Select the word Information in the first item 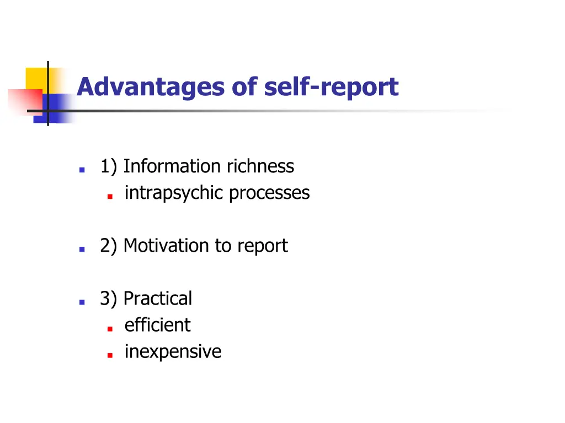click(x=163, y=166)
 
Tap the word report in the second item click(x=262, y=246)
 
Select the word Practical click(x=158, y=298)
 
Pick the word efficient click(x=157, y=324)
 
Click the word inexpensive click(x=173, y=351)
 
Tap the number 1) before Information click(x=109, y=166)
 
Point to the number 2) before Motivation click(x=109, y=245)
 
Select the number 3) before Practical click(x=109, y=298)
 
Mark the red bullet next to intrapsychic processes click(x=110, y=196)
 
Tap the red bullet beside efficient click(x=110, y=328)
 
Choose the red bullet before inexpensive click(x=110, y=355)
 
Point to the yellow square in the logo click(x=35, y=77)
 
